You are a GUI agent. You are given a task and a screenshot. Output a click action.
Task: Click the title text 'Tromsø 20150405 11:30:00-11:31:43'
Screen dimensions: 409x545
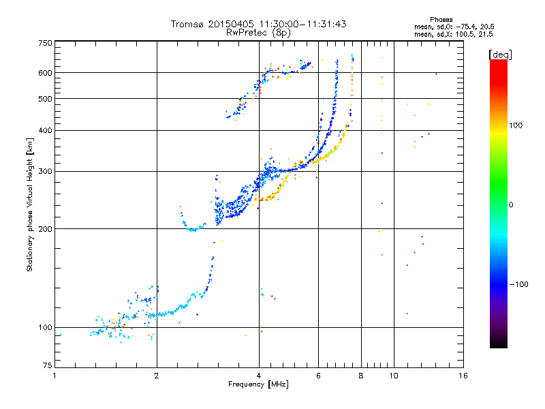coord(258,24)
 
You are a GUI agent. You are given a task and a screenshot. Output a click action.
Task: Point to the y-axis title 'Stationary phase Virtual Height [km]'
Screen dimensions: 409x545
coord(30,205)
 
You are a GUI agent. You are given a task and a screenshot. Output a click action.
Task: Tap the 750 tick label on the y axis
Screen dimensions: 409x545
coord(45,43)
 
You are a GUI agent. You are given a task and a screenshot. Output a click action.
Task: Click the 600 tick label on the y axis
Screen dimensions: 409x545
coord(45,73)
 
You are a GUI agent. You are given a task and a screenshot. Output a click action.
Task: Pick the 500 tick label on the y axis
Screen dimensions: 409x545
coord(45,99)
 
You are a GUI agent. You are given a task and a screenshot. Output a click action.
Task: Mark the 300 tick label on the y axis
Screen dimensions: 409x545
coord(45,172)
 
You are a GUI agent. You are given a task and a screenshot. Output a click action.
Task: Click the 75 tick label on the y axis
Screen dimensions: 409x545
coord(47,366)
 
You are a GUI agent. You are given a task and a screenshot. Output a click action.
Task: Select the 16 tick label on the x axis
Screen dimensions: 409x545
coord(463,376)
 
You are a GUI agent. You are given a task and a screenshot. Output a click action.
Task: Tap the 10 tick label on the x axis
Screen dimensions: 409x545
coord(393,376)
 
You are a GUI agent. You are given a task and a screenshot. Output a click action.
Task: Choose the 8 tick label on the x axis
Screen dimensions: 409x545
coord(361,376)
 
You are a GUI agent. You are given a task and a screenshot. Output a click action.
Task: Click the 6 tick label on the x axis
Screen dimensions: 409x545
coord(318,376)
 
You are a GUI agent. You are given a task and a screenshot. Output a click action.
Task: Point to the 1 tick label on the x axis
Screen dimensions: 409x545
coord(54,376)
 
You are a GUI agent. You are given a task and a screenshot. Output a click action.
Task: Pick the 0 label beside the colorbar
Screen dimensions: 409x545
coord(513,205)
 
